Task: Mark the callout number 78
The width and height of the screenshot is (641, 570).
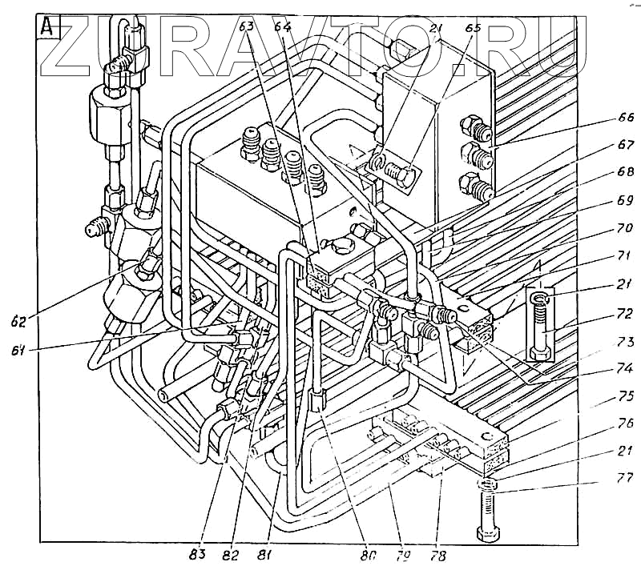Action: click(438, 553)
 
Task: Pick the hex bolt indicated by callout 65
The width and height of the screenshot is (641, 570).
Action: click(398, 172)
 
